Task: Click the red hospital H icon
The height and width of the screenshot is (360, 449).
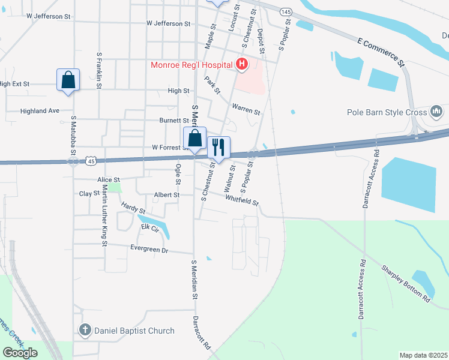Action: pos(242,64)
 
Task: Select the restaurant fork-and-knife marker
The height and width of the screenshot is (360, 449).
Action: pos(218,146)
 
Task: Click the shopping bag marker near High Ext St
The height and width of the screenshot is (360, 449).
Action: pos(68,80)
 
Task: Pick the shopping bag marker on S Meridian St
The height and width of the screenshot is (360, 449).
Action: pos(194,139)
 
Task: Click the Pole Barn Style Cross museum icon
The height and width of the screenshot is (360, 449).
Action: pos(436,112)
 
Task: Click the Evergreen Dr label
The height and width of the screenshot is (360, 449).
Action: pos(149,249)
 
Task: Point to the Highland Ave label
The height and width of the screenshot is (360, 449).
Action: pos(40,111)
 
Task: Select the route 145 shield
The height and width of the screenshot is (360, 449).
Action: pos(286,12)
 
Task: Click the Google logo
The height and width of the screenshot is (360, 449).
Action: pos(20,353)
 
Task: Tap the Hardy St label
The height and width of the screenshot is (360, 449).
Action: pos(133,209)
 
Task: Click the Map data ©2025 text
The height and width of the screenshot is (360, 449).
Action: pos(423,355)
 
